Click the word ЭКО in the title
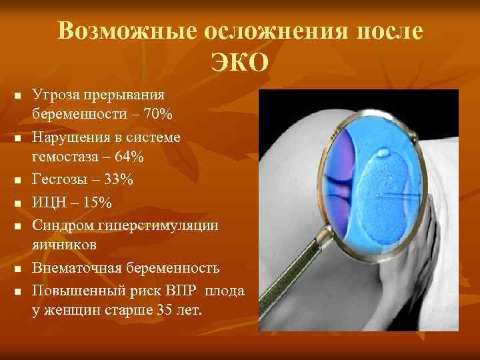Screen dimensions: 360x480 pos(240,63)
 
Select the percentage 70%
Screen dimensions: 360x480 pos(158,115)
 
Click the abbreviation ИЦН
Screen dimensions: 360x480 pos(49,202)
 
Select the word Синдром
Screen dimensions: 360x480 pos(61,225)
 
